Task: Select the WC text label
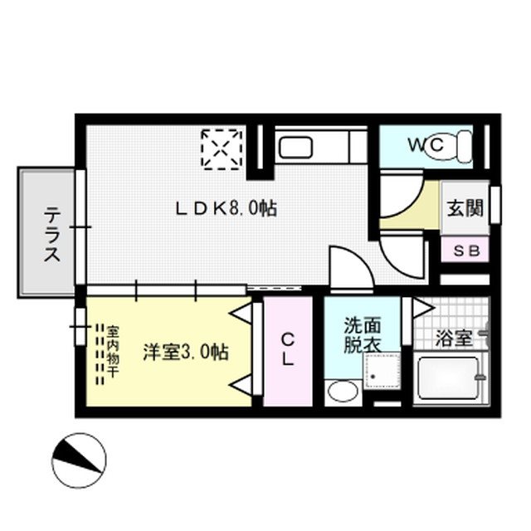click(428, 145)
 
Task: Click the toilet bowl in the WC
click(460, 145)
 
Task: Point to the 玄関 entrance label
click(464, 208)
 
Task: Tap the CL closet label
click(287, 350)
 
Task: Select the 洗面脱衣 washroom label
click(362, 334)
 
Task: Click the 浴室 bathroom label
click(453, 339)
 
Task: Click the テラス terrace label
click(51, 233)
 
